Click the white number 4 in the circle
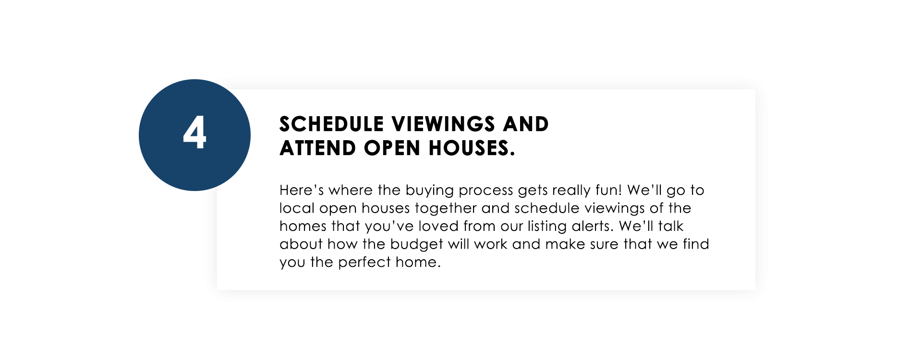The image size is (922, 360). coord(194,132)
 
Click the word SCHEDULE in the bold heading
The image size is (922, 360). coord(332,124)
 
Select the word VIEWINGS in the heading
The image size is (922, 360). coord(444,124)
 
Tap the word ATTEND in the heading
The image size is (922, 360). coord(318,148)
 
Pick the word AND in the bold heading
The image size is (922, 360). coord(526,124)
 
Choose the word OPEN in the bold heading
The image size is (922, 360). coord(392,148)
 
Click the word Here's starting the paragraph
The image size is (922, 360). coord(302,190)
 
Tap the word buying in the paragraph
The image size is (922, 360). coord(430,191)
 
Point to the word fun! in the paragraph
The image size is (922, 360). coord(608,190)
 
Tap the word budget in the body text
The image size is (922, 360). coord(417,245)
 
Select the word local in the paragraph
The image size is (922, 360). coord(297,208)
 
